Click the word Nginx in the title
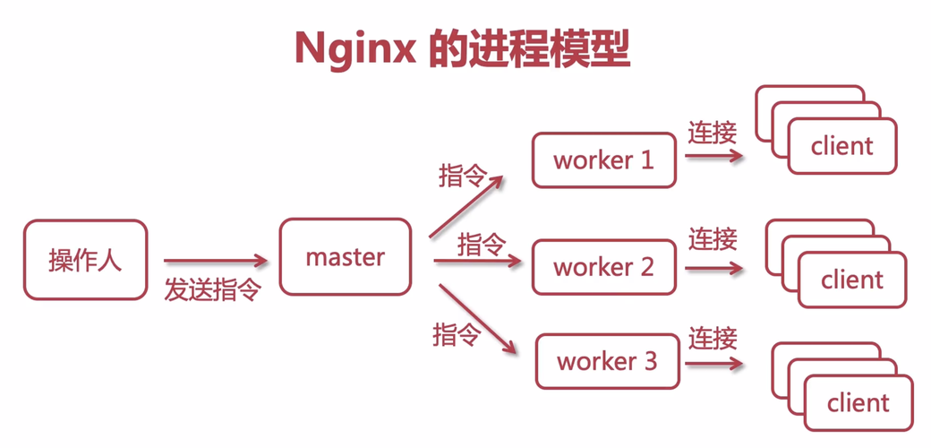[354, 49]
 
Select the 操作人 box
[85, 260]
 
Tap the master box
[346, 257]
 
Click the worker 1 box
[604, 160]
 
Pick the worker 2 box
[604, 267]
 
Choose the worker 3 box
[607, 361]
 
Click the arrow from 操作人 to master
[215, 262]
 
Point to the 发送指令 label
[212, 289]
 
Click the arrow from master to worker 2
[477, 262]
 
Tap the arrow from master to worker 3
[478, 318]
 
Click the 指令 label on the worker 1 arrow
[462, 175]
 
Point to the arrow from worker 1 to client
[713, 155]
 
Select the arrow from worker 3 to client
[713, 363]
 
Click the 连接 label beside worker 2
[713, 238]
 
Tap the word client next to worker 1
[841, 146]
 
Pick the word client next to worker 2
[852, 280]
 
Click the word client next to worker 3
[858, 403]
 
